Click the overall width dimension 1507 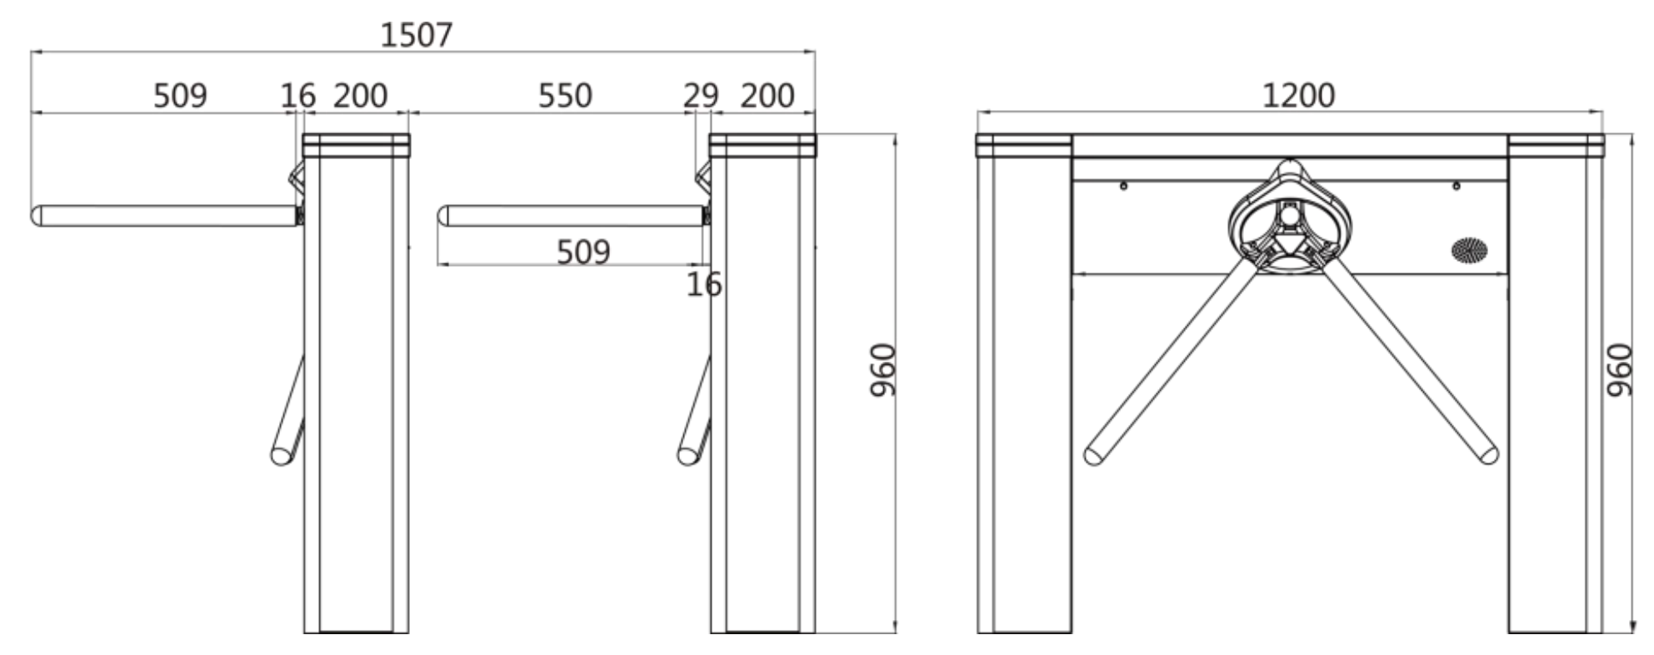417,35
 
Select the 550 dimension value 565,96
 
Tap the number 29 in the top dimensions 701,96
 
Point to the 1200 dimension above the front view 1298,96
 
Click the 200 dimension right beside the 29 767,96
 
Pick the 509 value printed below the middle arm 583,252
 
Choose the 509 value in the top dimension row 180,96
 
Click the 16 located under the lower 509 704,285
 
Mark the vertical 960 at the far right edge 1619,370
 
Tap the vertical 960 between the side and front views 882,370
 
